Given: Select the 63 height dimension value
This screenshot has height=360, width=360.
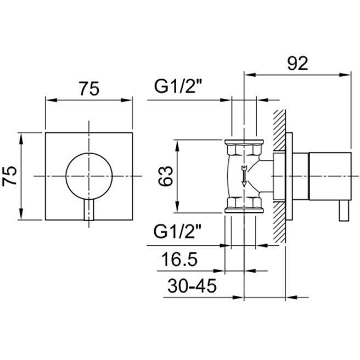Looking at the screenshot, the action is [x=165, y=176].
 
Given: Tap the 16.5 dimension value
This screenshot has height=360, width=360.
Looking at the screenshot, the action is [x=179, y=259].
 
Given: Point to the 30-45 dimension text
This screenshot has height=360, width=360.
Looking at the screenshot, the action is [x=192, y=286].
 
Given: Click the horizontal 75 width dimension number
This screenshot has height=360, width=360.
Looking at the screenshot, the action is [x=89, y=88].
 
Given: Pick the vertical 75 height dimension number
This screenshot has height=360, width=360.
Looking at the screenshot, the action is [x=10, y=176].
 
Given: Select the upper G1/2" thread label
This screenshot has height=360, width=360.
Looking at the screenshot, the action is [x=178, y=86].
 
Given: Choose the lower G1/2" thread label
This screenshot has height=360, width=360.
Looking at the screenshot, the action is [x=177, y=231].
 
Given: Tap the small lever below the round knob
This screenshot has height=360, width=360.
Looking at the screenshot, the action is [x=89, y=210].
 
